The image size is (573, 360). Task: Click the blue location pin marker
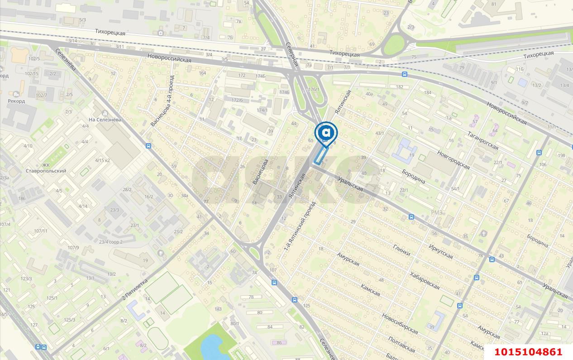(x=326, y=133)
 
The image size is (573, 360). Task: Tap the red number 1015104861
(x=528, y=352)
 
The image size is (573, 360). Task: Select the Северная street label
(x=292, y=54)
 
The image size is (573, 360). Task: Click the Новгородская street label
(x=453, y=160)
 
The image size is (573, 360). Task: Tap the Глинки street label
(x=401, y=250)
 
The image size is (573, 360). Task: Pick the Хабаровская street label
(x=424, y=280)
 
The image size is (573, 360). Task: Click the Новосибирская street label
(x=400, y=323)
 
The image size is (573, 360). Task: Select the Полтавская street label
(x=401, y=344)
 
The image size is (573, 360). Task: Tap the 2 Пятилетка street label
(x=135, y=290)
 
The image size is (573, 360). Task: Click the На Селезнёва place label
(x=105, y=120)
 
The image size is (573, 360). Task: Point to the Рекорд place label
(x=16, y=101)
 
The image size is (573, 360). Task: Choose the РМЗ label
(x=437, y=213)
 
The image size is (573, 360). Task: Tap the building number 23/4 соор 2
(x=111, y=242)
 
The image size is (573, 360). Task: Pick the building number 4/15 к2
(x=103, y=160)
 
